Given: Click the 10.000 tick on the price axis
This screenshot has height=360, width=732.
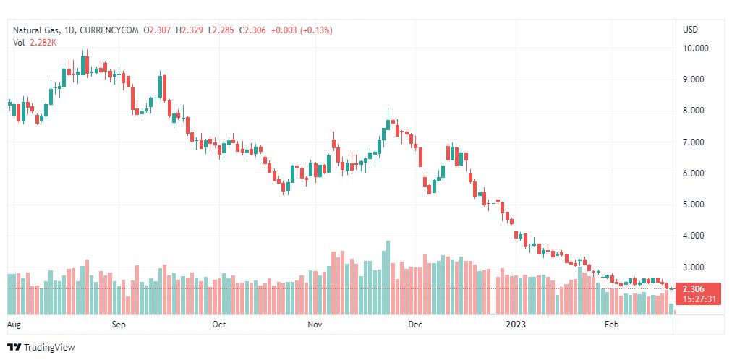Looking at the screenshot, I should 695,48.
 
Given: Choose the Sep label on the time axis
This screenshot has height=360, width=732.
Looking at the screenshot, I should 119,325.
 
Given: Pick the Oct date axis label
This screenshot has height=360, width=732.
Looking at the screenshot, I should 219,325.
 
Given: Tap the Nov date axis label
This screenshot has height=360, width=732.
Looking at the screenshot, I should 315,325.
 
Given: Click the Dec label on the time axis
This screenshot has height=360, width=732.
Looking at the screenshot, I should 415,325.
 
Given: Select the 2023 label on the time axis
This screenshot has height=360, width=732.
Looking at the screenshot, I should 516,325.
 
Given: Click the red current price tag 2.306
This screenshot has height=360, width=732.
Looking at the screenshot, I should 699,289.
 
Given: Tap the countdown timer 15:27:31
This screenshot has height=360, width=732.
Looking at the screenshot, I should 699,299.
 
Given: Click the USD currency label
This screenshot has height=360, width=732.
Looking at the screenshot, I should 691,30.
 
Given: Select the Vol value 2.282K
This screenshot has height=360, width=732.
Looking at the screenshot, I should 43,43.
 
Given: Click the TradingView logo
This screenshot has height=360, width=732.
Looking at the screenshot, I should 41,347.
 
